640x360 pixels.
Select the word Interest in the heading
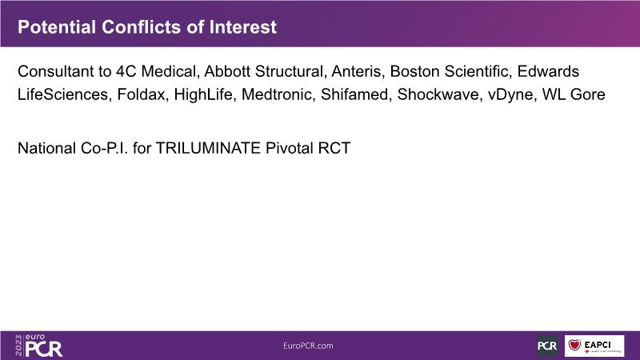pyautogui.click(x=243, y=27)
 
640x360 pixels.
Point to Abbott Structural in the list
pyautogui.click(x=264, y=71)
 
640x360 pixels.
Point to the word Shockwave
pyautogui.click(x=439, y=94)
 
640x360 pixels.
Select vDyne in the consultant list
pyautogui.click(x=511, y=94)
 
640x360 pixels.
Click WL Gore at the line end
pyautogui.click(x=574, y=94)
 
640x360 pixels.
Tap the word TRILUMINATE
pyautogui.click(x=208, y=148)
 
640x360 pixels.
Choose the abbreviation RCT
pyautogui.click(x=334, y=148)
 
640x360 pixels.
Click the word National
pyautogui.click(x=46, y=148)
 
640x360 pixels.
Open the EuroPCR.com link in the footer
pyautogui.click(x=308, y=346)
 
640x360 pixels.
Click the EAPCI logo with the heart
pyautogui.click(x=594, y=346)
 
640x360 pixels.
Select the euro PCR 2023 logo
pyautogui.click(x=39, y=346)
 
